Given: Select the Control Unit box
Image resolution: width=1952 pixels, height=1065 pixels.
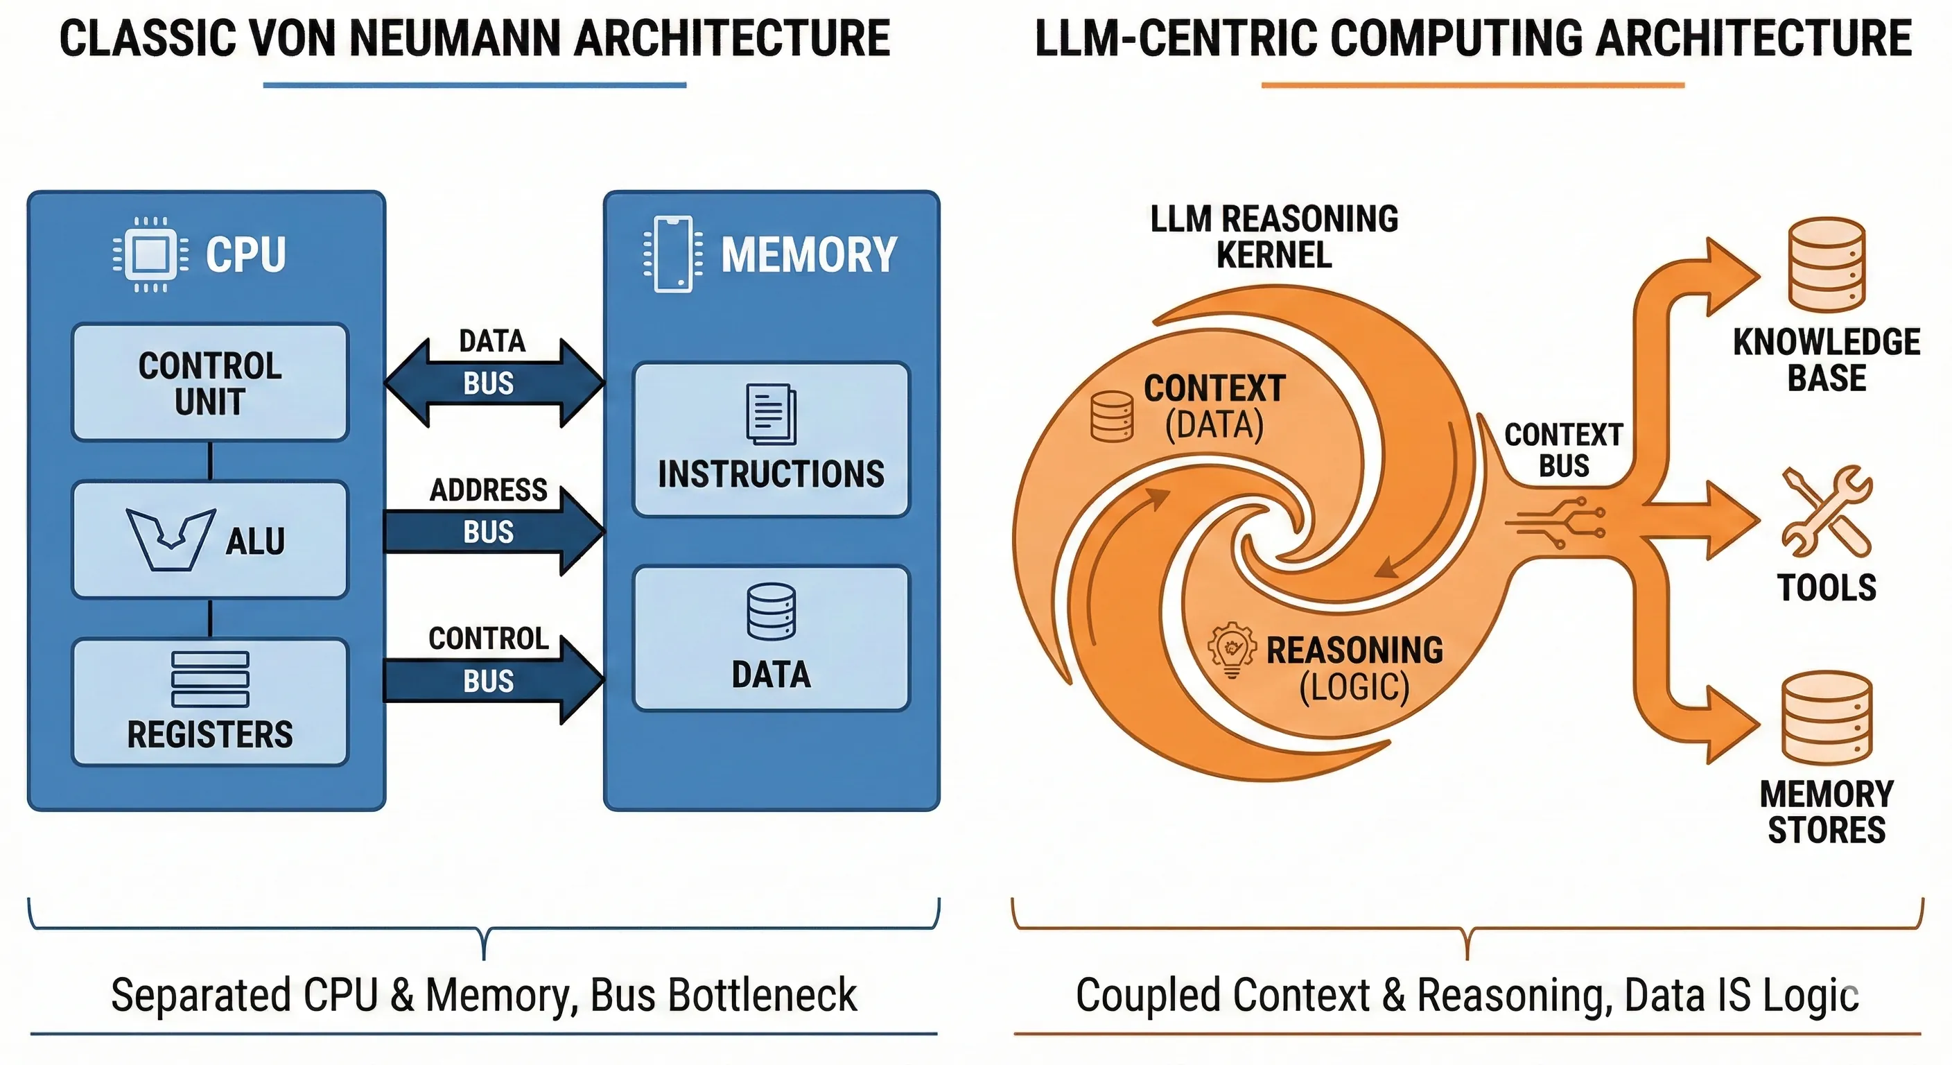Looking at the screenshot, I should coord(210,383).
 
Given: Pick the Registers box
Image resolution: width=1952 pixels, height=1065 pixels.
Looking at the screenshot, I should coord(210,702).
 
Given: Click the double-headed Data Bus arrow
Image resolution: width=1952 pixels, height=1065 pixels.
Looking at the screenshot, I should coord(494,383).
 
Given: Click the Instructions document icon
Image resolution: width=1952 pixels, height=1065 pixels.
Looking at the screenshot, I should coord(771,414).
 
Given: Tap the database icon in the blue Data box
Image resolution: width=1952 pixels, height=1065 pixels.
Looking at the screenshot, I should coord(771,612).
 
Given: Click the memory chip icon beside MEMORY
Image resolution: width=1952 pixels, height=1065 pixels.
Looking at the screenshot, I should coord(673,254).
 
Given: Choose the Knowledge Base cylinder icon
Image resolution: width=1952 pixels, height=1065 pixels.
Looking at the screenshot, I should coord(1827,265).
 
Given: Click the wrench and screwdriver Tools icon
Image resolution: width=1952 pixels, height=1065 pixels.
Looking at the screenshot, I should coord(1827,512).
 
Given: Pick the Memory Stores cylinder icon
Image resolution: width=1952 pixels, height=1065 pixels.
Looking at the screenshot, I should coord(1827,717).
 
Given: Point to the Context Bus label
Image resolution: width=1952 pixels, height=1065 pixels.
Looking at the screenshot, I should coord(1563,450).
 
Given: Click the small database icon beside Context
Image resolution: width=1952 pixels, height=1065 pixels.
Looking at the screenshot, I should coord(1112,416).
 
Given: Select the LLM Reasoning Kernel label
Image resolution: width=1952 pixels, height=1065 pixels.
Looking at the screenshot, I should coord(1274,236).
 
